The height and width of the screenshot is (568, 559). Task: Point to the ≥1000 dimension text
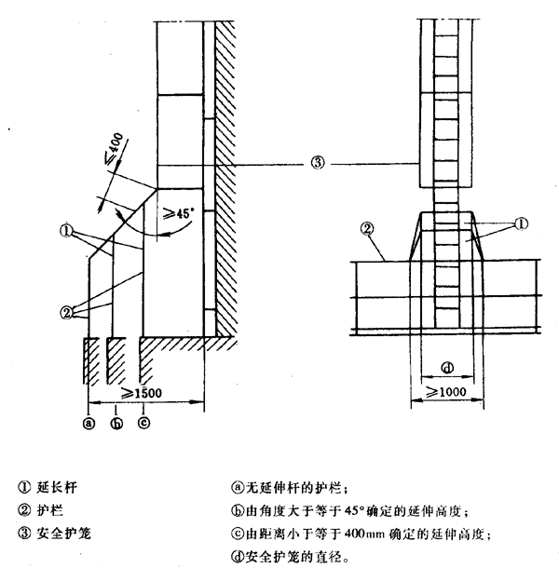(x=446, y=393)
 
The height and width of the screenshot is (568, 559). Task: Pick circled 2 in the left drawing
(x=67, y=313)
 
